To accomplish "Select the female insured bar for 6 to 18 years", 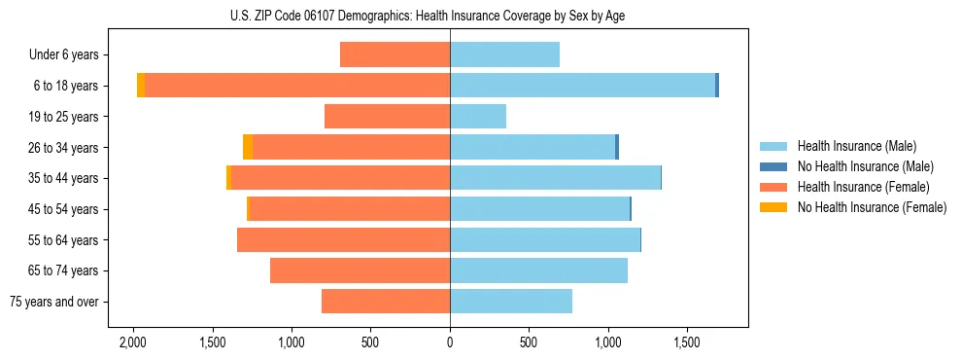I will [296, 86].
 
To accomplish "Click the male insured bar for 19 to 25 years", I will [478, 117].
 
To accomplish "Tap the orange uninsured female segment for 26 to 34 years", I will [248, 147].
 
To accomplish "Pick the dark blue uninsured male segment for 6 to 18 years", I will [717, 86].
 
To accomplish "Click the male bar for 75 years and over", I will [511, 302].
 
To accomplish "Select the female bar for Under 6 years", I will [395, 54].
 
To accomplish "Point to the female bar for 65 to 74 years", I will [360, 270].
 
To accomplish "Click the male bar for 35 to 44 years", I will [555, 178].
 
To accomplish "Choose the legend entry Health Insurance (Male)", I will [856, 146].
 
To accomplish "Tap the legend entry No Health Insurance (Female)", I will [872, 207].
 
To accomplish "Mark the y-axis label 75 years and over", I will [54, 302].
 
